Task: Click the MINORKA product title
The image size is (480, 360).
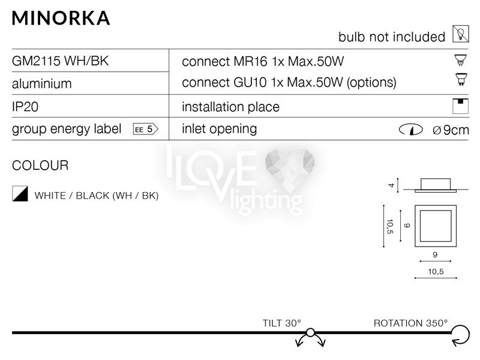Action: click(61, 18)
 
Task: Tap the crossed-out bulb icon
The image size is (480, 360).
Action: click(461, 34)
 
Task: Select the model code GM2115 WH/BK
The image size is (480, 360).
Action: click(61, 61)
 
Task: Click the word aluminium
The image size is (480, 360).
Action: click(41, 83)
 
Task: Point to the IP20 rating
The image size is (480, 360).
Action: click(25, 107)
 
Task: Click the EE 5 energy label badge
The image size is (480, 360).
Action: click(146, 129)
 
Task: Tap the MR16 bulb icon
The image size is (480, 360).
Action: click(460, 59)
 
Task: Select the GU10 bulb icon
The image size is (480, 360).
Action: click(461, 79)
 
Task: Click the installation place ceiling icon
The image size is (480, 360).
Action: click(460, 106)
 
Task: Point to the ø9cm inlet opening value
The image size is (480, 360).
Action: click(451, 130)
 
